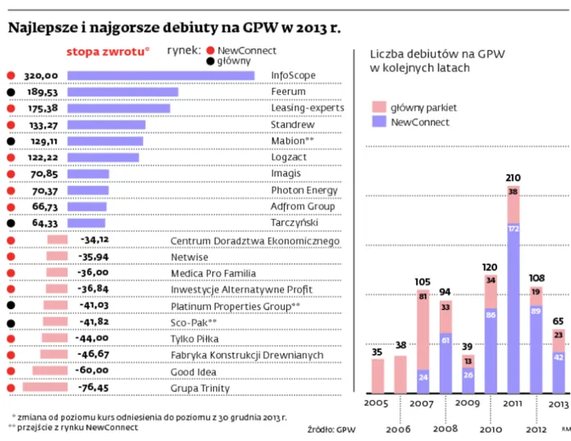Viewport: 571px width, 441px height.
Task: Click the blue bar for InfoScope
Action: coord(161,75)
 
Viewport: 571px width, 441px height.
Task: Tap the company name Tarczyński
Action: coord(294,223)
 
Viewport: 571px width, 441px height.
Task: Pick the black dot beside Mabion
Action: coord(11,141)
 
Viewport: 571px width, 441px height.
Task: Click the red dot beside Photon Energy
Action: coord(11,190)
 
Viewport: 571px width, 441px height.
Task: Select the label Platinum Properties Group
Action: coord(235,306)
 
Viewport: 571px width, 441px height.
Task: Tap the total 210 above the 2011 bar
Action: coord(514,178)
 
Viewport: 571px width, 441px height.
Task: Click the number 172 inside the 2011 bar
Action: coord(514,229)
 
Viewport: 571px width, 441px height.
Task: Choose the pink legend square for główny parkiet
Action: coord(378,107)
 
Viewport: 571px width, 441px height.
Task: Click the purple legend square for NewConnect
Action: coord(378,122)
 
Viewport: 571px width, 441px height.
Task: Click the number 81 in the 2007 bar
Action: coord(423,297)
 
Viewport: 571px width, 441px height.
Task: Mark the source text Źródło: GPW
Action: coord(331,428)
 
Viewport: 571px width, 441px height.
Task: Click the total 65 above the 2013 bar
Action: coord(558,321)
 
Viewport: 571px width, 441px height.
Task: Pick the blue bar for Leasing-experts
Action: coord(118,108)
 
